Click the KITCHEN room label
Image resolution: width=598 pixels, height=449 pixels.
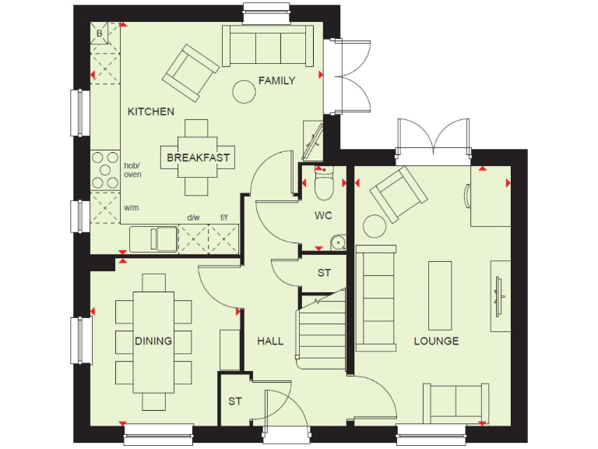click(x=151, y=111)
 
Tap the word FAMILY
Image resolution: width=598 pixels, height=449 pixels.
click(x=276, y=80)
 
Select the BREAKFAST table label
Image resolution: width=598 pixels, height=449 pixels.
click(x=198, y=157)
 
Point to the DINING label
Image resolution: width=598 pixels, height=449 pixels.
click(x=153, y=341)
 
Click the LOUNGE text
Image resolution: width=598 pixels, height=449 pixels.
click(x=436, y=341)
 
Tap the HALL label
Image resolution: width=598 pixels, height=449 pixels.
click(x=270, y=341)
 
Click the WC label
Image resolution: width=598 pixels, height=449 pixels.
click(x=324, y=215)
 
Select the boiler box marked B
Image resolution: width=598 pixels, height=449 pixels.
click(x=99, y=33)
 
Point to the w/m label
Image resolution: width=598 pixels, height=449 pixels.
click(x=131, y=208)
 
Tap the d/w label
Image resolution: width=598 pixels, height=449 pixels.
click(x=192, y=218)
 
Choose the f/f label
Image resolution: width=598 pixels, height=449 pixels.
click(x=224, y=218)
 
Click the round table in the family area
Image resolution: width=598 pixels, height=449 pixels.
click(x=244, y=92)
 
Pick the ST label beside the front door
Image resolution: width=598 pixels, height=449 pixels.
click(x=234, y=401)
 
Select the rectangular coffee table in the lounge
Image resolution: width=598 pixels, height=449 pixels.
click(x=439, y=292)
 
